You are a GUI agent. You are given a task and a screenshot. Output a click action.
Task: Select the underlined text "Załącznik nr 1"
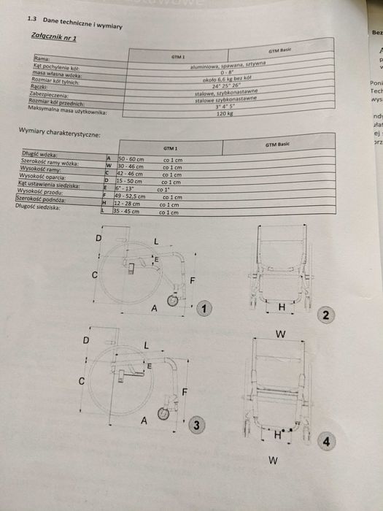pos(55,36)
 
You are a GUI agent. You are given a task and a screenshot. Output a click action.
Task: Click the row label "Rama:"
pos(42,57)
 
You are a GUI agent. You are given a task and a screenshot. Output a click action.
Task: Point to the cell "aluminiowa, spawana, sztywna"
pos(227,67)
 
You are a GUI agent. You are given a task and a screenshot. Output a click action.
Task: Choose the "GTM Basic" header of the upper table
pos(281,50)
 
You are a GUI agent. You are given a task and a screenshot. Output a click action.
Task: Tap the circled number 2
pos(325,315)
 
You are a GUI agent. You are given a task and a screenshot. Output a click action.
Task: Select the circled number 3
pos(195,425)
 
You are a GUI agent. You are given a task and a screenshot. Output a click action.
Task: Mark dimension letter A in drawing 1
pos(154,309)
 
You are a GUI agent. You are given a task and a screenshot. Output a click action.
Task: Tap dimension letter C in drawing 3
pos(82,381)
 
